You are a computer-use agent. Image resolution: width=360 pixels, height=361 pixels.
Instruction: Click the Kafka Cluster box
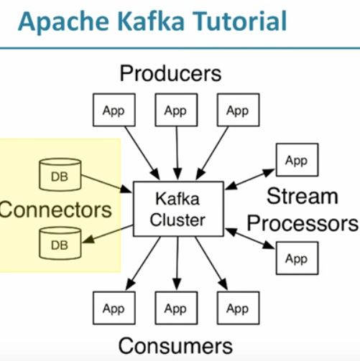pyautogui.click(x=177, y=208)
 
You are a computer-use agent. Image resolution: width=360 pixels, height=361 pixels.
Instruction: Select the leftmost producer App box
pyautogui.click(x=114, y=111)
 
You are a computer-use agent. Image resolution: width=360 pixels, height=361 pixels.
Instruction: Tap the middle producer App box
pyautogui.click(x=175, y=111)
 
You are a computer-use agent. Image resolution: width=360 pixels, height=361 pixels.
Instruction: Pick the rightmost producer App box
pyautogui.click(x=237, y=111)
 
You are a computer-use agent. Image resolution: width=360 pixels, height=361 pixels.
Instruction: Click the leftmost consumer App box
pyautogui.click(x=114, y=309)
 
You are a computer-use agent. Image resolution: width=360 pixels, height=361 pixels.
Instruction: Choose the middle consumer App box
pyautogui.click(x=175, y=309)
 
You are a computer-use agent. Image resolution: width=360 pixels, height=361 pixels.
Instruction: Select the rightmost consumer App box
pyautogui.click(x=237, y=309)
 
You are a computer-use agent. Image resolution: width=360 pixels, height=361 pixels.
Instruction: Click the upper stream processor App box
pyautogui.click(x=296, y=161)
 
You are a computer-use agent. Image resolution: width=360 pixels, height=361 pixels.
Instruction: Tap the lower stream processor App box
pyautogui.click(x=296, y=258)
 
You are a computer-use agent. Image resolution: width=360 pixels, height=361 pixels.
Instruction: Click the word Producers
pyautogui.click(x=170, y=72)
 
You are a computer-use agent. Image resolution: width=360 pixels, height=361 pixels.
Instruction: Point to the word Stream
pyautogui.click(x=302, y=195)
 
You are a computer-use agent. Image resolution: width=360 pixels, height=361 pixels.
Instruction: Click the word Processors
pyautogui.click(x=302, y=223)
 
